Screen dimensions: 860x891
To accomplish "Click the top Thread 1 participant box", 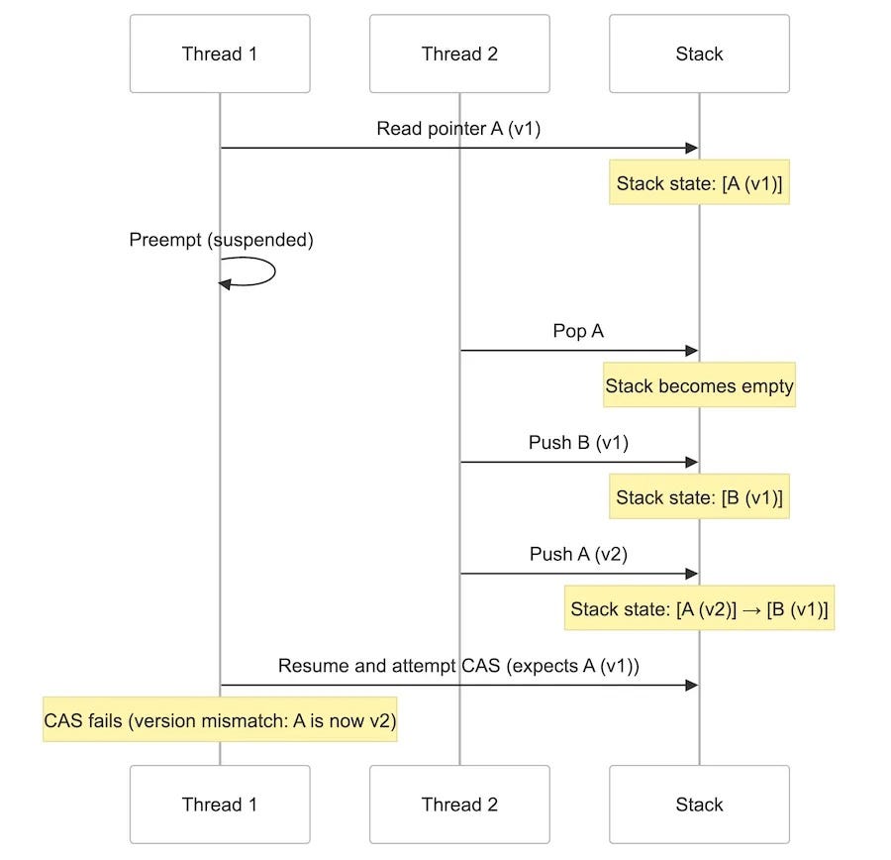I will [220, 54].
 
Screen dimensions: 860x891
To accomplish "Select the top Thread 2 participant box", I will [459, 54].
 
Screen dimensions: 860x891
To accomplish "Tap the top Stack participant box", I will [699, 54].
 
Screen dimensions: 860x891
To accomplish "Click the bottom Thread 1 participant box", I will [220, 805].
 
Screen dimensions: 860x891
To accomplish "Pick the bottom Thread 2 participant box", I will [459, 805].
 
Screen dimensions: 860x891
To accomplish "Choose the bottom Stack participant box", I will [699, 805].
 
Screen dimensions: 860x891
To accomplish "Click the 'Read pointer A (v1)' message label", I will [459, 130].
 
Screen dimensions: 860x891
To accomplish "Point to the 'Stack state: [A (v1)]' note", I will [699, 183].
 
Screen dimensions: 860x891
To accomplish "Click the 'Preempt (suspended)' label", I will [221, 241].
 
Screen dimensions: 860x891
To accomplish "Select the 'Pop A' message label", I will [578, 332].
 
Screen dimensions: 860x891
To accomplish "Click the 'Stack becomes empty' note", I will [699, 385].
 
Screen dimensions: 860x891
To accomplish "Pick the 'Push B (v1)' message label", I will [578, 443].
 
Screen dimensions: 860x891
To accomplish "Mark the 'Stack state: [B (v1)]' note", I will [699, 497].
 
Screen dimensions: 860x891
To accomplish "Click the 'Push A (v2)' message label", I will [578, 555].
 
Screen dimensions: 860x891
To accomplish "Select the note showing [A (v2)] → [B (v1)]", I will [699, 609].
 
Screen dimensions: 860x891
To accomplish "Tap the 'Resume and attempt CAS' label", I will [459, 666].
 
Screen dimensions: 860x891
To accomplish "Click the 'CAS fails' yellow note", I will [220, 721].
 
